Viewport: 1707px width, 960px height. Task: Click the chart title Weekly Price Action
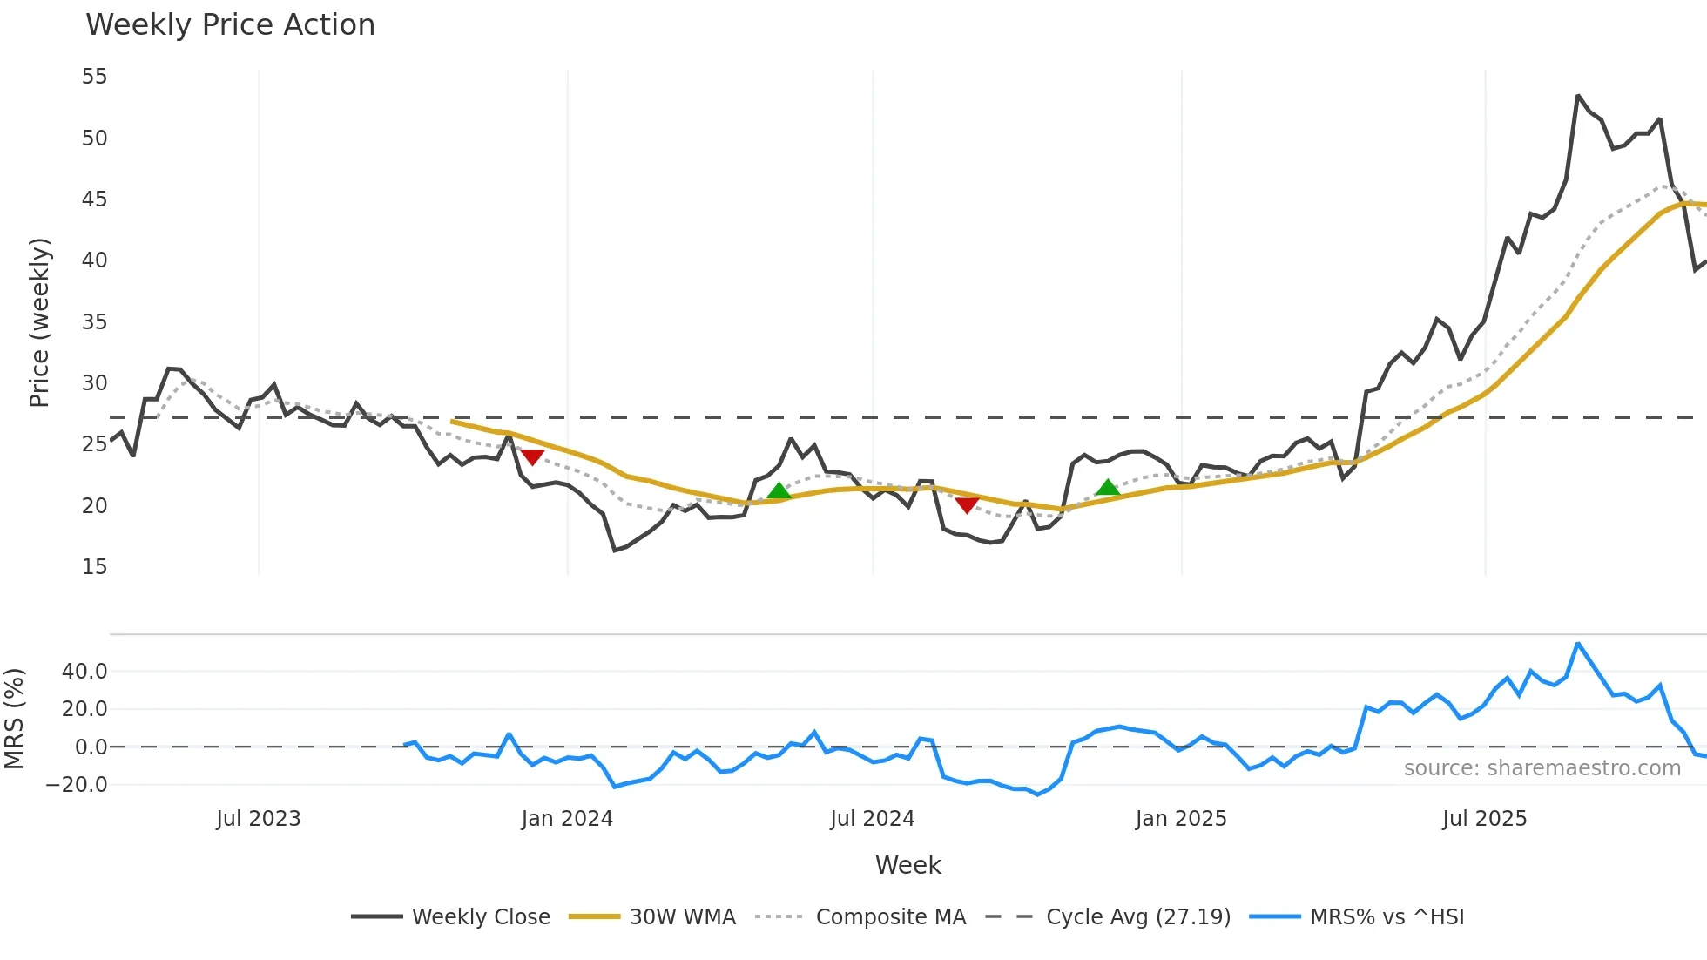pos(230,25)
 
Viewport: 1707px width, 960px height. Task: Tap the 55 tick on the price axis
pos(94,77)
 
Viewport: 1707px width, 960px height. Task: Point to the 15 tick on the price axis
pos(94,567)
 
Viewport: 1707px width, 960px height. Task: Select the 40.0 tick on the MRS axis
pos(84,672)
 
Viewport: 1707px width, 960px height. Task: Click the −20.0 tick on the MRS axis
pos(77,785)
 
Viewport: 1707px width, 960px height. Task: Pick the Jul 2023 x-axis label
pos(259,819)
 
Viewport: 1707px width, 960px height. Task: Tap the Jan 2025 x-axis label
pos(1181,819)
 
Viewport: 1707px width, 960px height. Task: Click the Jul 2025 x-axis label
pos(1485,819)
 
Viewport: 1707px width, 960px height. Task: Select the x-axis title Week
pos(907,865)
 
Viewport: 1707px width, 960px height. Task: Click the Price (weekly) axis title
pos(40,322)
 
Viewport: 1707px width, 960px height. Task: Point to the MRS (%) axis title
pos(15,719)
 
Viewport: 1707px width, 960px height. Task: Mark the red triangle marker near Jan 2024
pos(532,457)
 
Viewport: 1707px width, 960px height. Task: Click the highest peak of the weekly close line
pos(1578,96)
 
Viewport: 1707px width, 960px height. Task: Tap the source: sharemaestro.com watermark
pos(1542,768)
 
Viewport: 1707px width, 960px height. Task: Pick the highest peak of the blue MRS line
pos(1578,644)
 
